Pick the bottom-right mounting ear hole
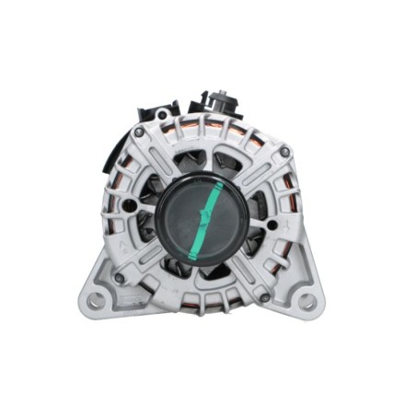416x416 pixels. click(306, 301)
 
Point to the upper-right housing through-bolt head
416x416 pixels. click(284, 152)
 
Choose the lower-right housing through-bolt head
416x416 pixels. click(265, 297)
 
